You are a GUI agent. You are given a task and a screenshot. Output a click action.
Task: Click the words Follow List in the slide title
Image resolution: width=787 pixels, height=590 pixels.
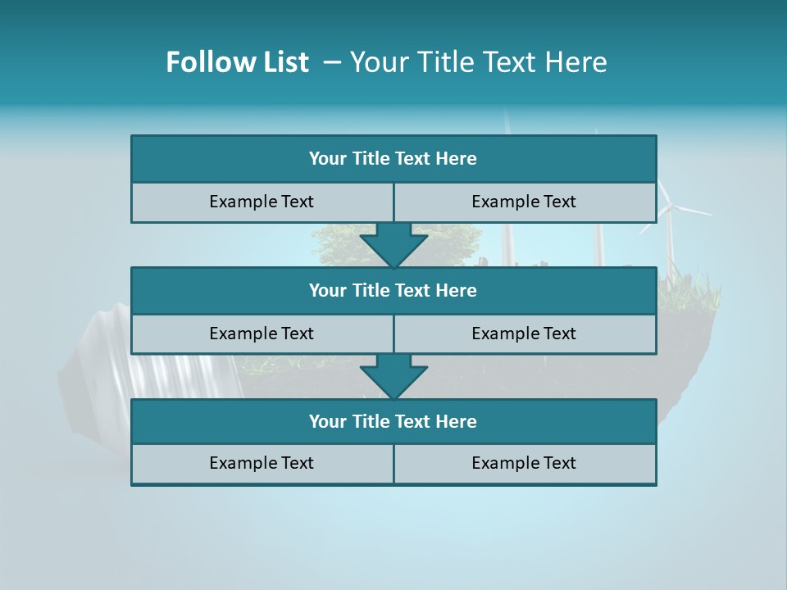click(x=237, y=62)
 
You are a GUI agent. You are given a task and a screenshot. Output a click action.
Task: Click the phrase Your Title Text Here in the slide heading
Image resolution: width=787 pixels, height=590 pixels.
click(x=479, y=62)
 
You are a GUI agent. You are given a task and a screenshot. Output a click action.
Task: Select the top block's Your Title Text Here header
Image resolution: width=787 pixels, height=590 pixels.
click(x=393, y=159)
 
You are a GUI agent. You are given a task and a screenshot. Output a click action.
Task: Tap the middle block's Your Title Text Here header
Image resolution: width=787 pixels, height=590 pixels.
click(x=393, y=290)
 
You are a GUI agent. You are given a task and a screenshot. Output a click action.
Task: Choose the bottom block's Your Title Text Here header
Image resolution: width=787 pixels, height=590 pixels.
click(x=393, y=421)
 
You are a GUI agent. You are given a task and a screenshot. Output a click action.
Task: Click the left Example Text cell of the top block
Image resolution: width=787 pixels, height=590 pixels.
click(x=262, y=202)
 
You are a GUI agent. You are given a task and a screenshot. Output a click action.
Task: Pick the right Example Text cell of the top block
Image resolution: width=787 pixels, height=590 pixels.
click(x=524, y=202)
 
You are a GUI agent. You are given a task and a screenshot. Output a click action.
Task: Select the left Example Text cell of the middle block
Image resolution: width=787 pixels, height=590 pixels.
click(x=262, y=334)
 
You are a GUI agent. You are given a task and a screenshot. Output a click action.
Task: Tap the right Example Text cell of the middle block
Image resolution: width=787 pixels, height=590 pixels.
click(x=524, y=334)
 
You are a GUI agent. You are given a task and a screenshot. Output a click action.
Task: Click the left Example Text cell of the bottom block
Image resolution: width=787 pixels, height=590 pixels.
click(x=262, y=463)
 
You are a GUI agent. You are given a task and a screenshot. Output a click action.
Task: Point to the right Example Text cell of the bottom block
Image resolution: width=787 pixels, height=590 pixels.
click(x=524, y=463)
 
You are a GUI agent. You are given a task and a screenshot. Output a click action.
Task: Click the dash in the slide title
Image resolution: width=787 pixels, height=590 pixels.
click(x=332, y=62)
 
